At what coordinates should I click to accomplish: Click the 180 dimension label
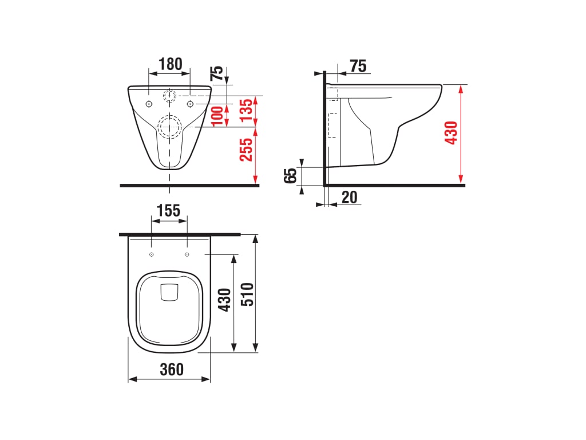point(171,64)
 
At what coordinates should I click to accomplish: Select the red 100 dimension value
point(218,116)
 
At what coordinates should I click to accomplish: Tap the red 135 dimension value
point(247,110)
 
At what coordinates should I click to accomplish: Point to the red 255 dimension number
point(246,150)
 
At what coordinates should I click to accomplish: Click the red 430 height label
point(451,132)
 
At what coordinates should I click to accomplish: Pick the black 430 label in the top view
point(224,300)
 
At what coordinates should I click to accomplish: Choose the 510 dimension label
point(247,294)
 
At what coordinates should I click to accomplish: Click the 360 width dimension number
point(172,370)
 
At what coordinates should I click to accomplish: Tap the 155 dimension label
point(169,211)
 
